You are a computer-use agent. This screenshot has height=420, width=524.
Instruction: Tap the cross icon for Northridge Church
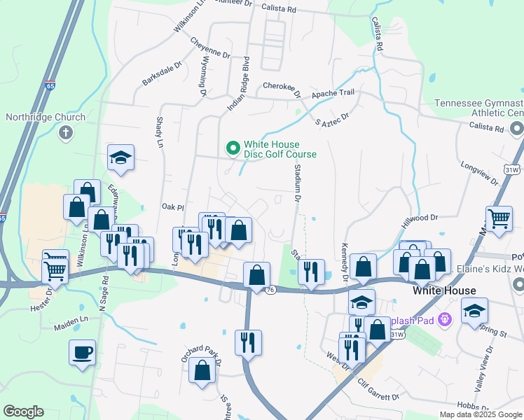tap(67, 133)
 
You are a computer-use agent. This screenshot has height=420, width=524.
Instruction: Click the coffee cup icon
tap(82, 351)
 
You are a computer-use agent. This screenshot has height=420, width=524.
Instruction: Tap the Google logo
tap(23, 411)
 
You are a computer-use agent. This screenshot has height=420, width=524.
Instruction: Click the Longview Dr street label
tap(479, 174)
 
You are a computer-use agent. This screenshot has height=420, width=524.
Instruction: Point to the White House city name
tap(444, 290)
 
